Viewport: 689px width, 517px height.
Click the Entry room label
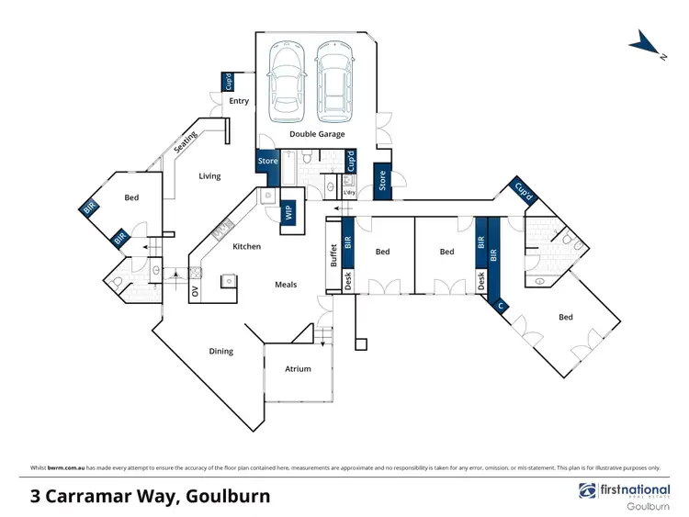[x=239, y=101]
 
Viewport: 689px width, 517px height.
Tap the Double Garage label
[x=317, y=134]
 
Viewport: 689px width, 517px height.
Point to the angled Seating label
[x=186, y=142]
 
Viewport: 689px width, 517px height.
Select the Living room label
[x=209, y=175]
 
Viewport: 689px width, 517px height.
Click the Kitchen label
[x=246, y=246]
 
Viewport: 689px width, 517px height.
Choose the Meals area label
[x=286, y=285]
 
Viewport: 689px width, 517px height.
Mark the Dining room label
[x=220, y=351]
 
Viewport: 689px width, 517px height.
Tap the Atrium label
[x=298, y=369]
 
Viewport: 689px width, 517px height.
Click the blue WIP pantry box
[x=288, y=212]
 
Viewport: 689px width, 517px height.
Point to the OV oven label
[x=195, y=292]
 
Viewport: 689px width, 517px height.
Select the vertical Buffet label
[x=333, y=253]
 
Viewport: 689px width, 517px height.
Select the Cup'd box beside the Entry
[x=228, y=82]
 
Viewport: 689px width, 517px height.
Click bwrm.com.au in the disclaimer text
[x=62, y=467]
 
